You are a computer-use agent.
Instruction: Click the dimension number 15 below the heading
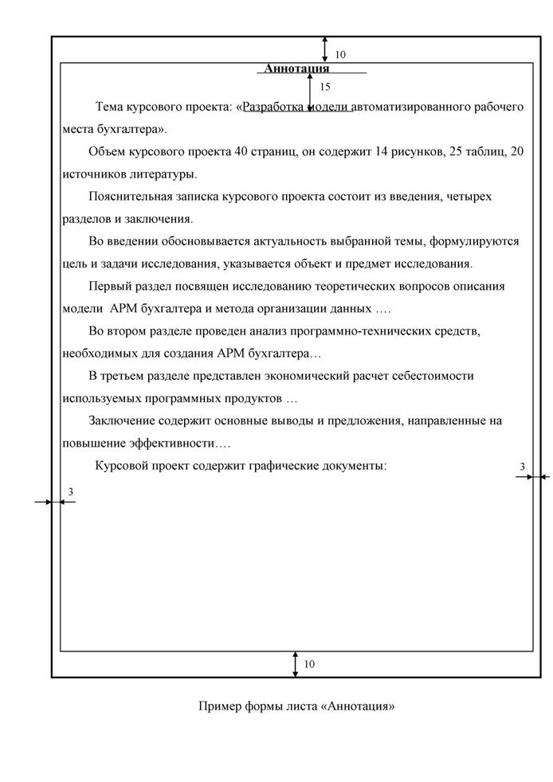tap(324, 86)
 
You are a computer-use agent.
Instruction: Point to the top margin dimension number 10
tap(340, 55)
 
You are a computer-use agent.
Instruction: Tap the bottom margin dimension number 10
tap(309, 664)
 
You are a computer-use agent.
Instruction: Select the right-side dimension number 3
tap(523, 467)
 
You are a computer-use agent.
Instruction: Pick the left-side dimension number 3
tap(70, 492)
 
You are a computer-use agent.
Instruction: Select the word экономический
tap(312, 375)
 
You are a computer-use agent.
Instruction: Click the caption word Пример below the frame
tap(217, 706)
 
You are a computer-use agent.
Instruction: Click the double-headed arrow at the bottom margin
tap(296, 664)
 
